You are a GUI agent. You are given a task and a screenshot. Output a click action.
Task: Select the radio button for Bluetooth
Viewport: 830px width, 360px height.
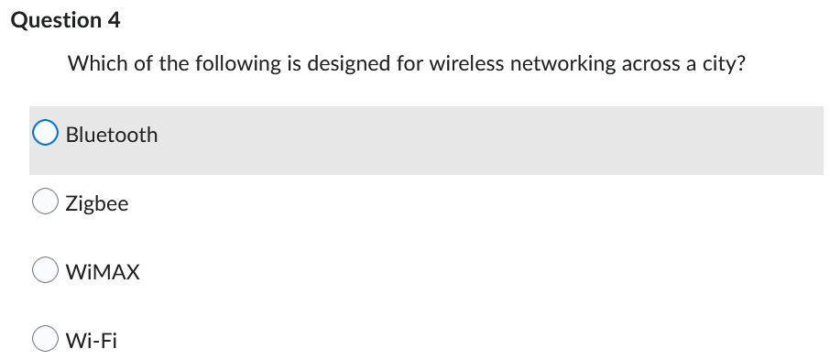click(46, 135)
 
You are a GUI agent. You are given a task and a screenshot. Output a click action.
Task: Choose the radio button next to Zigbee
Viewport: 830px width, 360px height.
click(46, 203)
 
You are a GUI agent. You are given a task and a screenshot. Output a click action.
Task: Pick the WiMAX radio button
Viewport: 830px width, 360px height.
click(46, 271)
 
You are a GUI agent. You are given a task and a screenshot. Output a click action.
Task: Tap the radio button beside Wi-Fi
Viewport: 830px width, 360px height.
click(46, 340)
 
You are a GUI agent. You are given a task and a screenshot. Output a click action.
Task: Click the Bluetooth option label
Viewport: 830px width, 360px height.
click(112, 135)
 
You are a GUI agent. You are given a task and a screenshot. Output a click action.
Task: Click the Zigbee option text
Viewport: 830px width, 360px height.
click(97, 203)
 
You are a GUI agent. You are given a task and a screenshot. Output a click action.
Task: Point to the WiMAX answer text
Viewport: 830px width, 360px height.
click(103, 271)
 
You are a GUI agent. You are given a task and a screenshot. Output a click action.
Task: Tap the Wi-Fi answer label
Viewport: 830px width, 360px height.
click(92, 340)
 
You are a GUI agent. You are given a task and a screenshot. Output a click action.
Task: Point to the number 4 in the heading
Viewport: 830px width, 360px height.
click(114, 20)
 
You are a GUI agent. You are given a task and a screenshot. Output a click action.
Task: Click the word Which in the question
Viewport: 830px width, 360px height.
click(92, 64)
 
